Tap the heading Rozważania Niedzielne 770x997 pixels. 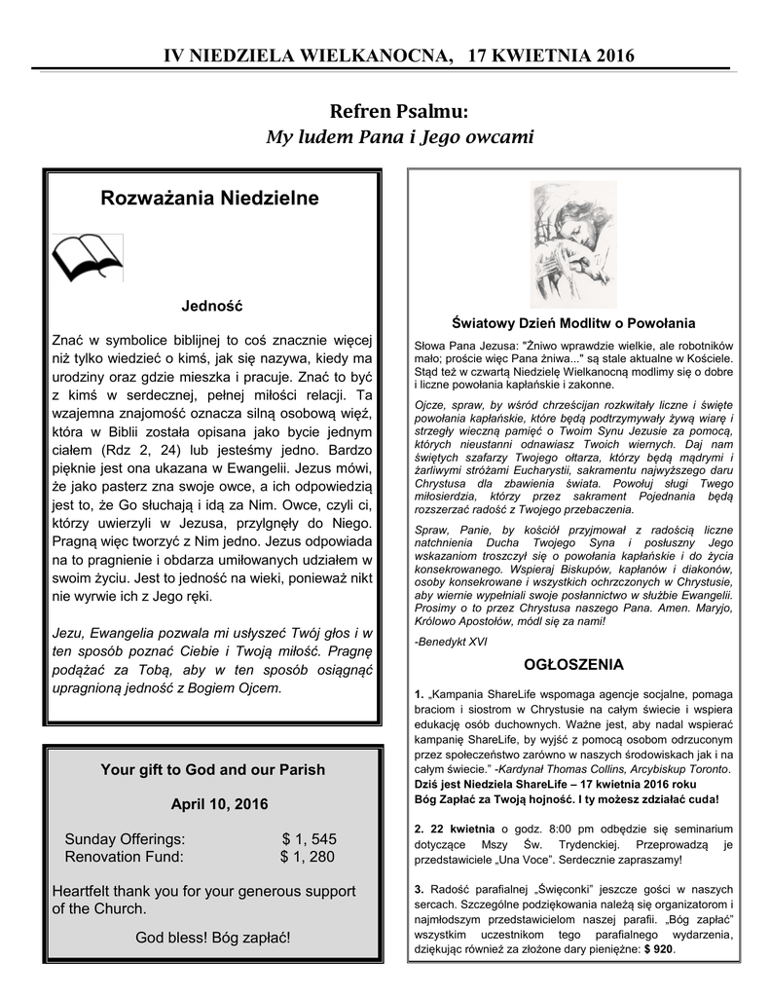point(209,199)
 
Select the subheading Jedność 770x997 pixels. point(212,306)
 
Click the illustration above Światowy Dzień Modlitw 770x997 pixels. point(572,243)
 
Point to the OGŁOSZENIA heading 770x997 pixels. point(572,665)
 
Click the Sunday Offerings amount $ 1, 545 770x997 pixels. point(309,839)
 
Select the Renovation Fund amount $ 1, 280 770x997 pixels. point(307,857)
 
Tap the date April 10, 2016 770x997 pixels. point(212,804)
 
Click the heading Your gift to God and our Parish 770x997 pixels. point(212,769)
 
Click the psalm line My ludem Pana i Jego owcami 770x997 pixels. point(399,136)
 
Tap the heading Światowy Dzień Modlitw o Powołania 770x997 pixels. point(573,322)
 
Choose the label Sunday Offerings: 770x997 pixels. point(124,839)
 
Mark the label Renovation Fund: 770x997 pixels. point(124,857)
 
